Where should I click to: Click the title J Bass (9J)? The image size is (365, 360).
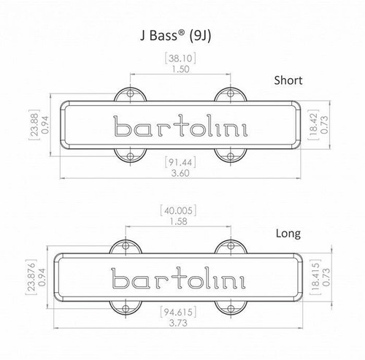click(181, 34)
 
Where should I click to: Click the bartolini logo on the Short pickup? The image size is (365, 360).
click(179, 126)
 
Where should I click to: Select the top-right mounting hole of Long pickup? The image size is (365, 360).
click(232, 247)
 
